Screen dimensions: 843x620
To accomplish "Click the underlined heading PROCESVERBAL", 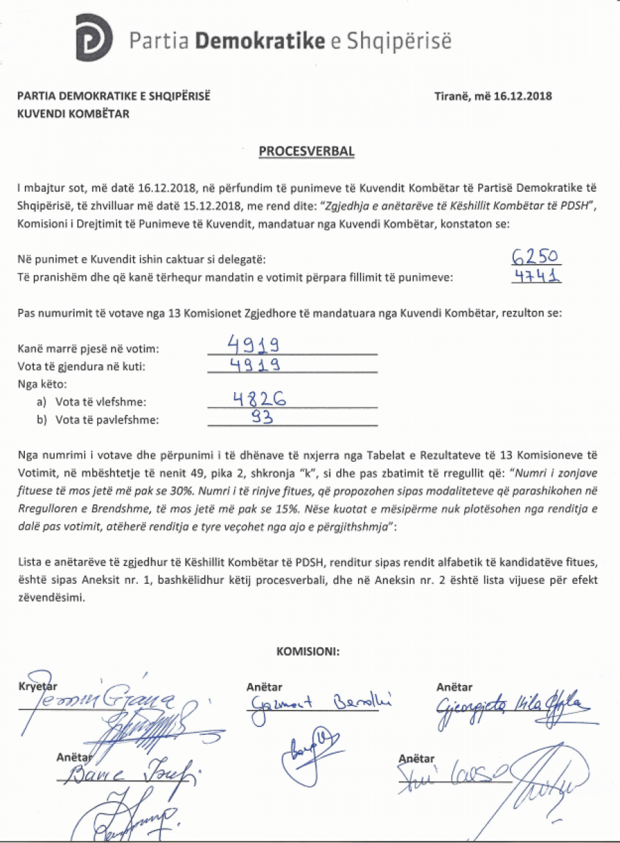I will [x=307, y=151].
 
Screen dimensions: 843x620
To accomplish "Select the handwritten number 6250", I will [x=537, y=257].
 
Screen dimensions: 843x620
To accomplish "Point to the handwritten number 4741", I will [x=537, y=276].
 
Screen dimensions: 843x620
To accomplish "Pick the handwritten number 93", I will [x=259, y=417].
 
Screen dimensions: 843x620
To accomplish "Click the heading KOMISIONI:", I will [x=308, y=650].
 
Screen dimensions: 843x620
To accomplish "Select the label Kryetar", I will [x=39, y=687].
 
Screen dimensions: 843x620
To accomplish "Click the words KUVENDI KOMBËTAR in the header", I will [x=74, y=113].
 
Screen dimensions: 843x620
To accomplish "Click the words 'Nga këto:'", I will [x=39, y=384].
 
